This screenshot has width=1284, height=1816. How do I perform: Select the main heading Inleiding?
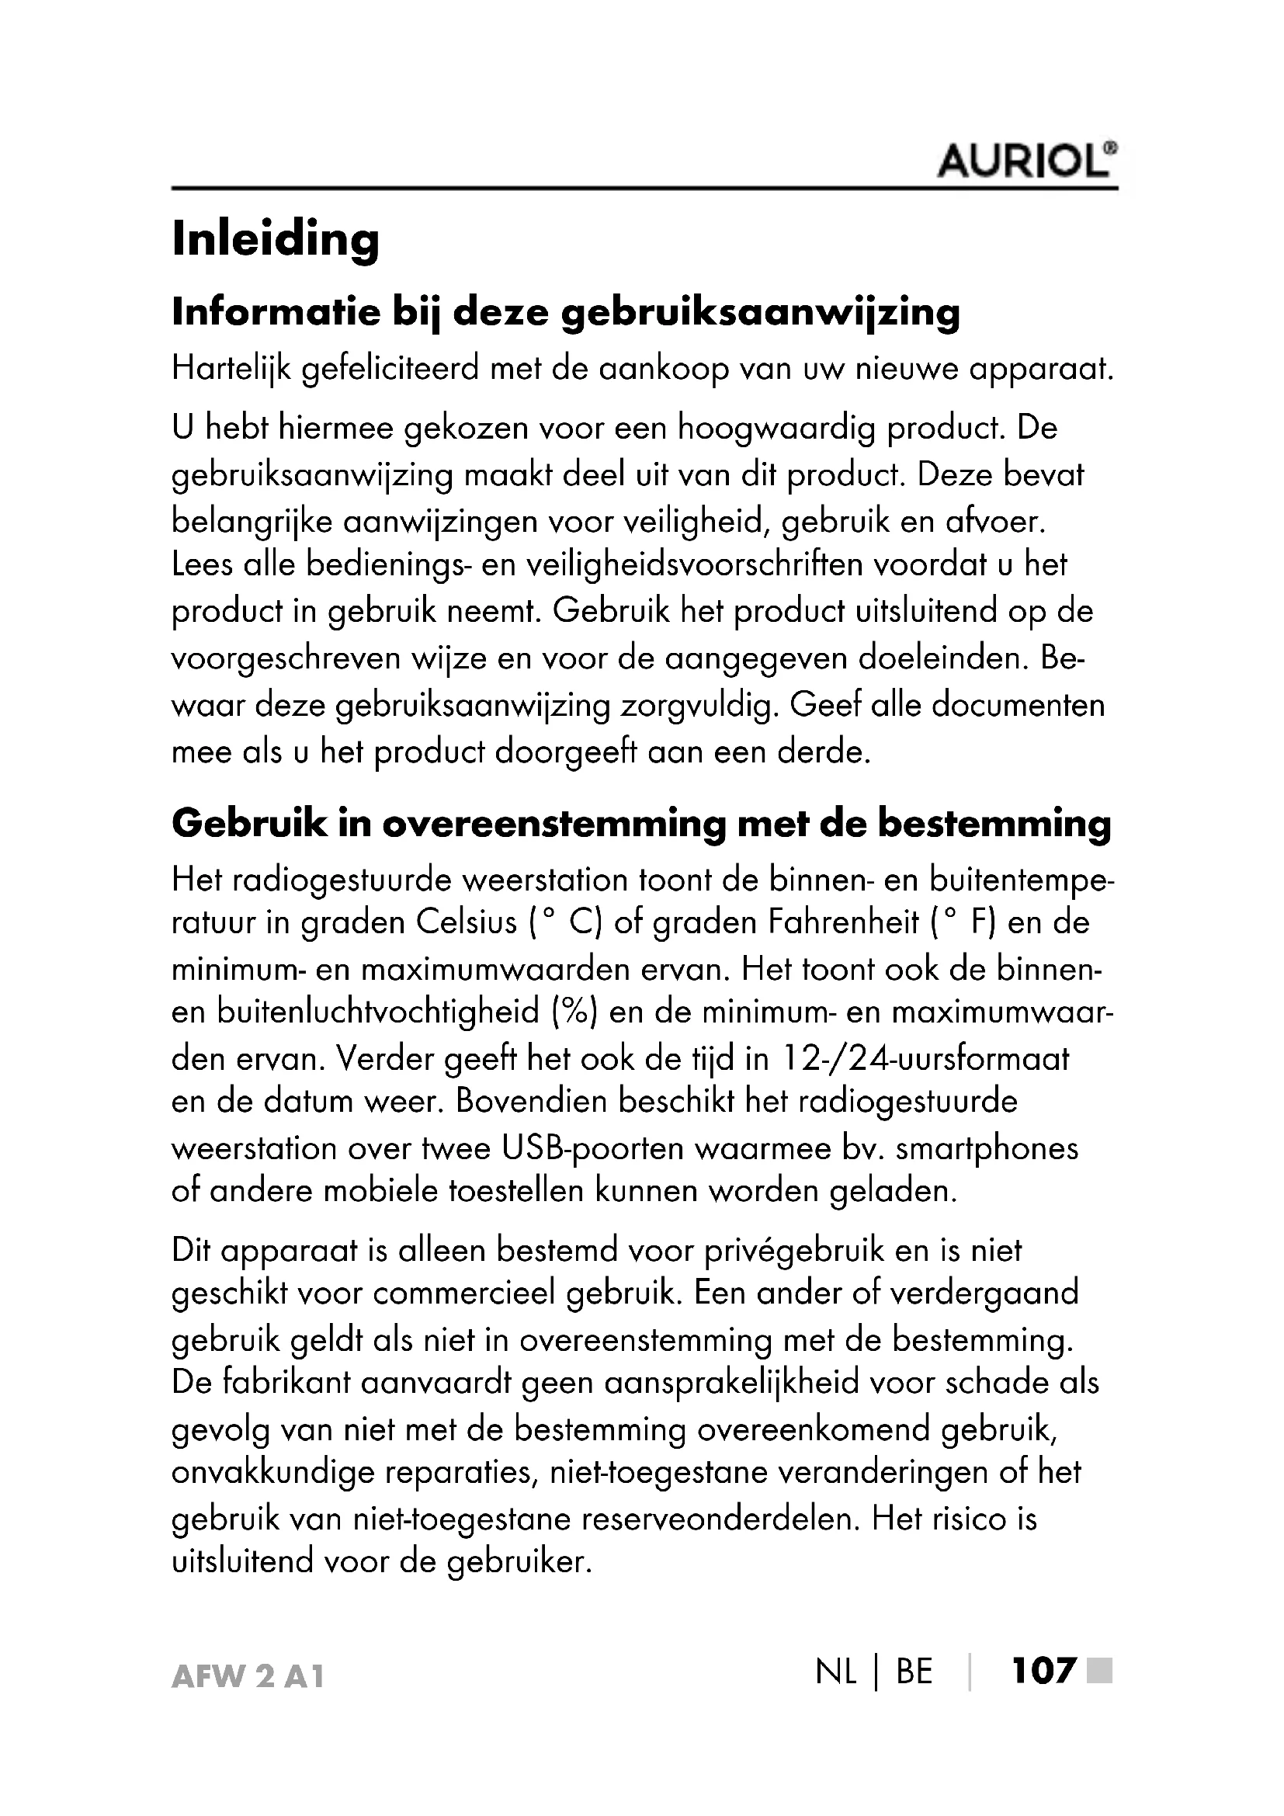[x=275, y=239]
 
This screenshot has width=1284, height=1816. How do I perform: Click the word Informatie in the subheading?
[x=276, y=312]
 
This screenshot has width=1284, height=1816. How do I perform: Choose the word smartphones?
[x=987, y=1148]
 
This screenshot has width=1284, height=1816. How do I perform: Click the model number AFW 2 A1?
[x=248, y=1677]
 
